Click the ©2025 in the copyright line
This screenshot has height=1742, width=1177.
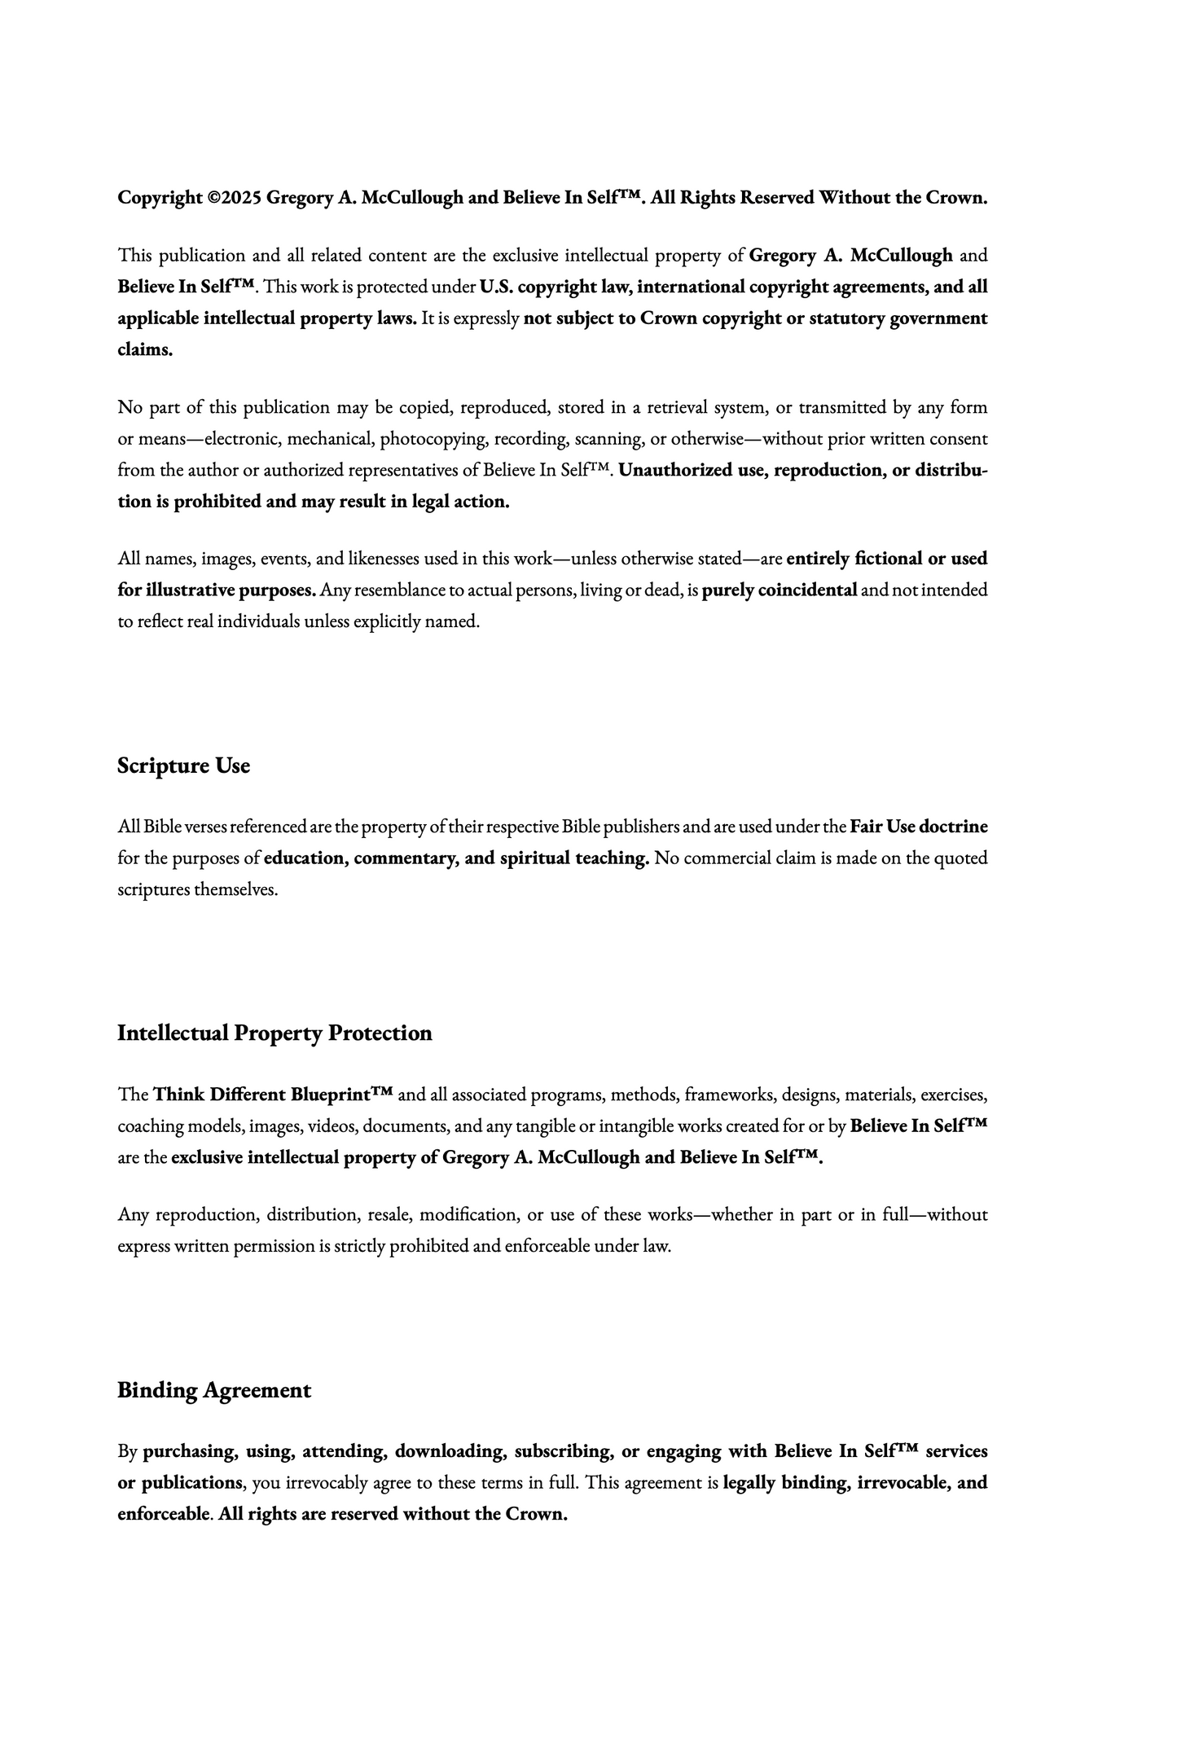(x=235, y=198)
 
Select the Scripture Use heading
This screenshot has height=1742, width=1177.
(x=183, y=766)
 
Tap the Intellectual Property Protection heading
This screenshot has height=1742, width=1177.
(x=274, y=1033)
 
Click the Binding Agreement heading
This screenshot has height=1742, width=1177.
(x=214, y=1390)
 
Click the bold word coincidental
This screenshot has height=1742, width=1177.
(x=807, y=590)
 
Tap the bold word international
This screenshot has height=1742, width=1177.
(x=691, y=287)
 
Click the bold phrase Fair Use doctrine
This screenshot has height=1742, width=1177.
(x=919, y=827)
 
